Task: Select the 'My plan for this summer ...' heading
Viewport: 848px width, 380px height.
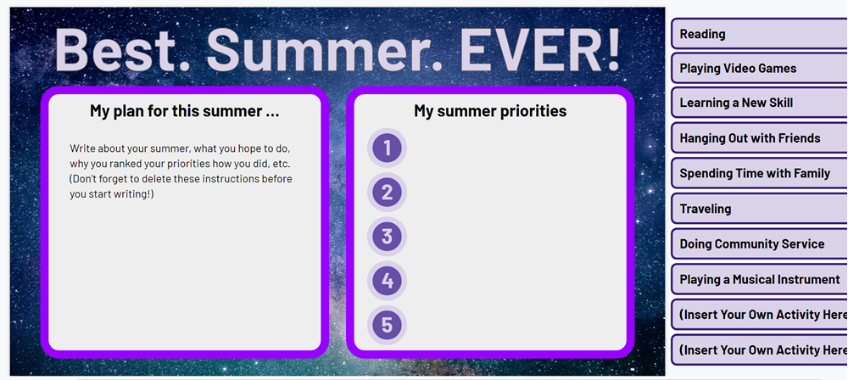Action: click(184, 111)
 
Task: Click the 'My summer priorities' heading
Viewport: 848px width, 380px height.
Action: click(490, 111)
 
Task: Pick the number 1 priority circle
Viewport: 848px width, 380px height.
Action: click(387, 148)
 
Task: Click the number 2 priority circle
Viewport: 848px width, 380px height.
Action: click(387, 193)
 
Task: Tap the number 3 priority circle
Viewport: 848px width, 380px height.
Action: click(387, 237)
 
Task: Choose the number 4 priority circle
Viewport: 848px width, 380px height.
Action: click(387, 281)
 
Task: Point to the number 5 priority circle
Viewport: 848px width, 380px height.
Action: click(387, 325)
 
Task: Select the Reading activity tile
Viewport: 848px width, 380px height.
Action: click(759, 34)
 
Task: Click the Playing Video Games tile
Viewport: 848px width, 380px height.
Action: click(759, 68)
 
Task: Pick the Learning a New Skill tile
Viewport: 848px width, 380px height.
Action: click(759, 103)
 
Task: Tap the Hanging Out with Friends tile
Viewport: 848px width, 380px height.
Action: click(759, 138)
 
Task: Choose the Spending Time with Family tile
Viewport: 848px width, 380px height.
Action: click(759, 173)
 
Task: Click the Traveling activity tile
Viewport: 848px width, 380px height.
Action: click(759, 209)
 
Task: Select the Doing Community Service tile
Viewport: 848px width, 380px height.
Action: click(759, 243)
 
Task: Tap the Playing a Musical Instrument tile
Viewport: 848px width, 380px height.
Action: click(759, 279)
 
